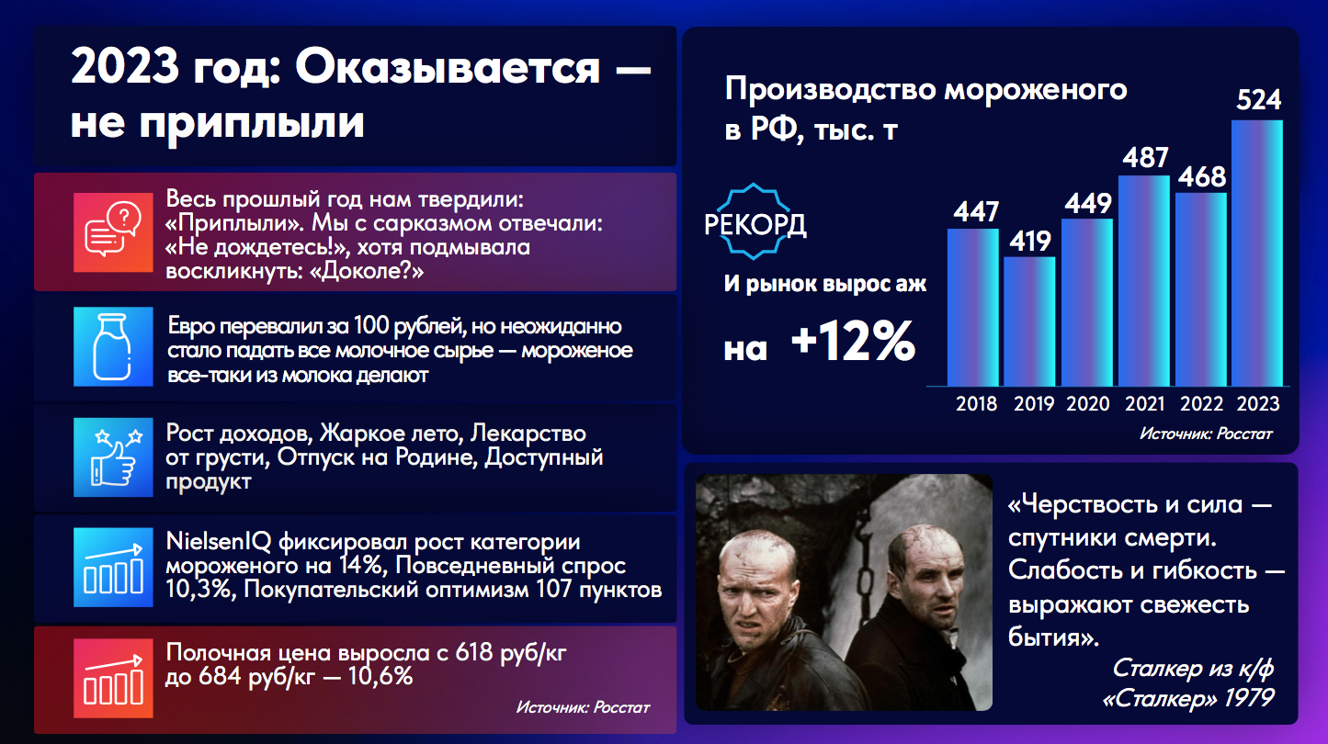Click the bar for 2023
pyautogui.click(x=1257, y=253)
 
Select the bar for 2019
pyautogui.click(x=1029, y=321)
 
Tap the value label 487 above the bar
pyautogui.click(x=1145, y=158)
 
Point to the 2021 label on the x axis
pyautogui.click(x=1145, y=404)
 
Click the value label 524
pyautogui.click(x=1259, y=99)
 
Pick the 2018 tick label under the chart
pyautogui.click(x=976, y=404)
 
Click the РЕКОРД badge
pyautogui.click(x=755, y=222)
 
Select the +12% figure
pyautogui.click(x=853, y=341)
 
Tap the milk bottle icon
pyautogui.click(x=113, y=346)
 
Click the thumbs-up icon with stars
pyautogui.click(x=113, y=457)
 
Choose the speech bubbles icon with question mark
pyautogui.click(x=113, y=232)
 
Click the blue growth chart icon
pyautogui.click(x=113, y=567)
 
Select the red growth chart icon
pyautogui.click(x=113, y=678)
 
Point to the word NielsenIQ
pyautogui.click(x=218, y=541)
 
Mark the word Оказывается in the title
pyautogui.click(x=448, y=67)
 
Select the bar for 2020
pyautogui.click(x=1086, y=302)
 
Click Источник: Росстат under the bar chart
pyautogui.click(x=1205, y=434)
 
